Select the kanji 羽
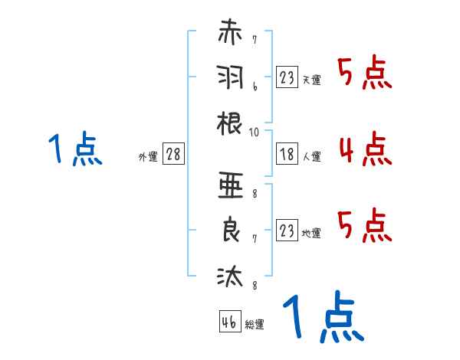(230, 78)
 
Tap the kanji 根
(230, 122)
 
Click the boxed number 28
(174, 155)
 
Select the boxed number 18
(287, 155)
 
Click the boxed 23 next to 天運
(287, 77)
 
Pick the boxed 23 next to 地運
(287, 230)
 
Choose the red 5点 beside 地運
(365, 225)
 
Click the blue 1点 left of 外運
(75, 149)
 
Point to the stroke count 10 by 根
(255, 133)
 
